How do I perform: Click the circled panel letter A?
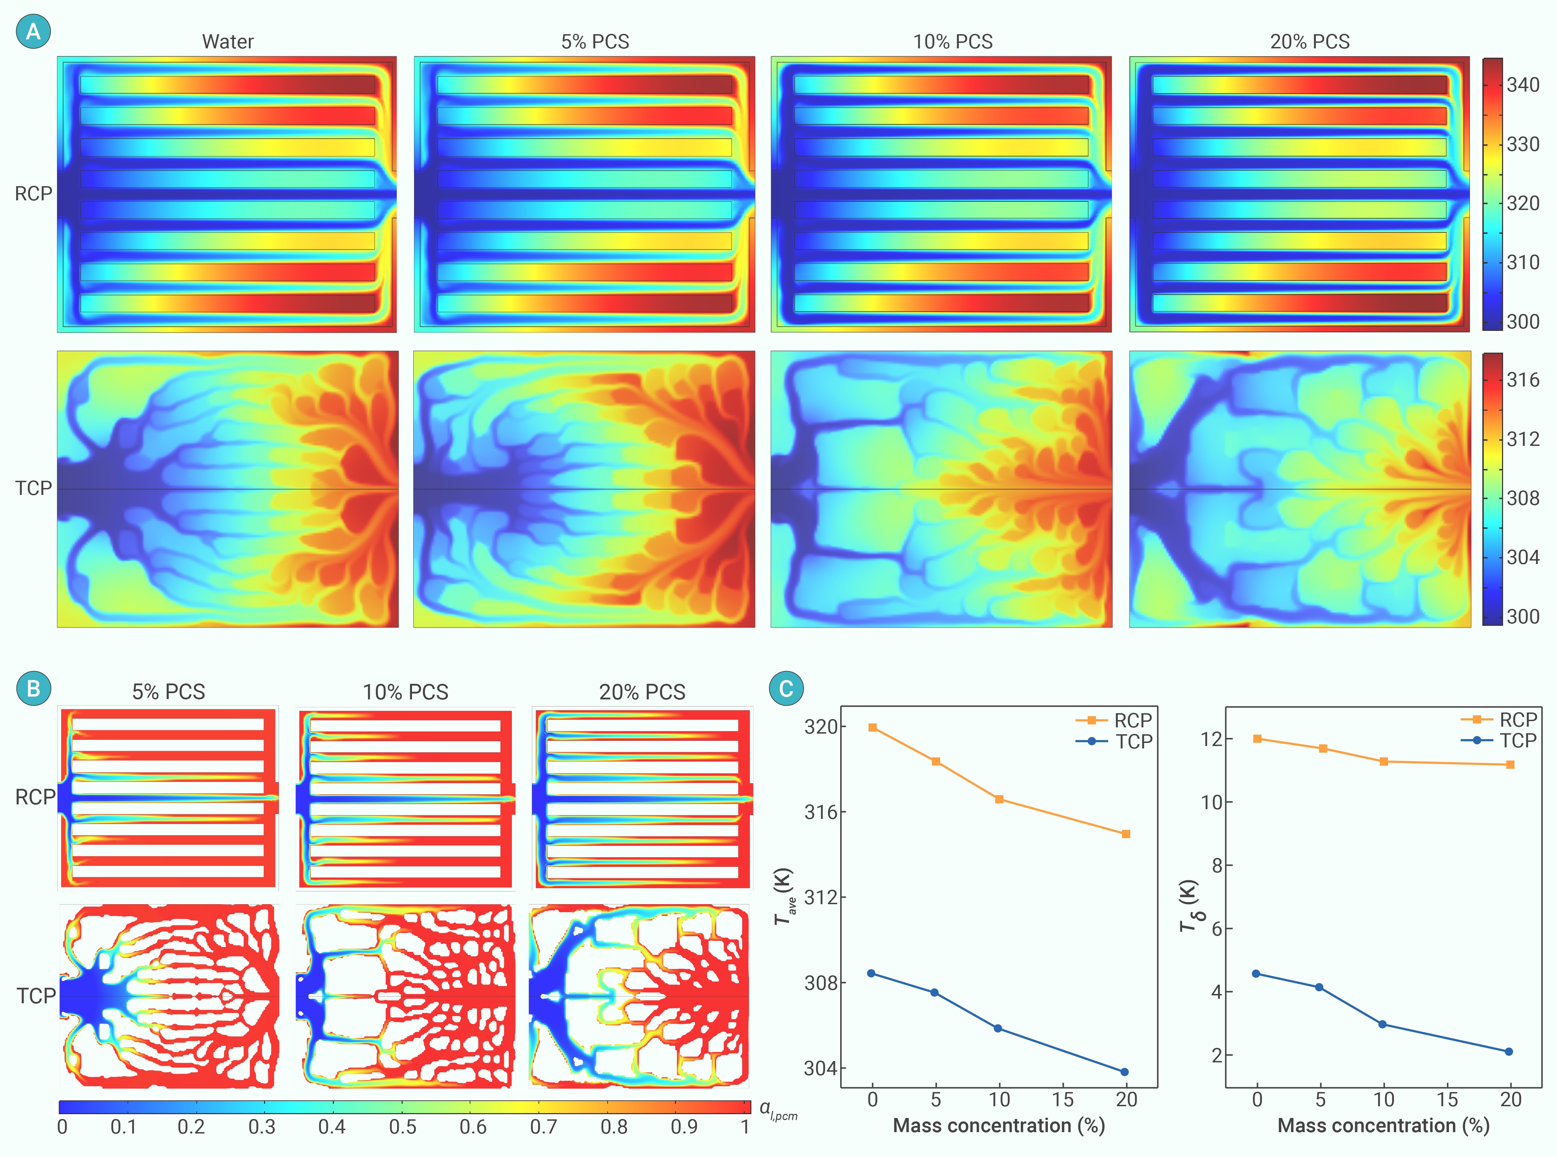click(x=33, y=31)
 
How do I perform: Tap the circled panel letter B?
click(x=33, y=688)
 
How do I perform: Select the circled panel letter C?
click(x=786, y=688)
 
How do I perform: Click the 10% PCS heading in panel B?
click(x=405, y=692)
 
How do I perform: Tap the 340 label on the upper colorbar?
click(x=1523, y=85)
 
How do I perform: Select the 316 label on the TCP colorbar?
click(x=1523, y=380)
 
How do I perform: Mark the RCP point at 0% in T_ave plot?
click(x=872, y=728)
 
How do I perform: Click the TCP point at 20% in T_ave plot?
click(x=1125, y=1072)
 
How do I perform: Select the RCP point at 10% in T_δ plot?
click(x=1383, y=761)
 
